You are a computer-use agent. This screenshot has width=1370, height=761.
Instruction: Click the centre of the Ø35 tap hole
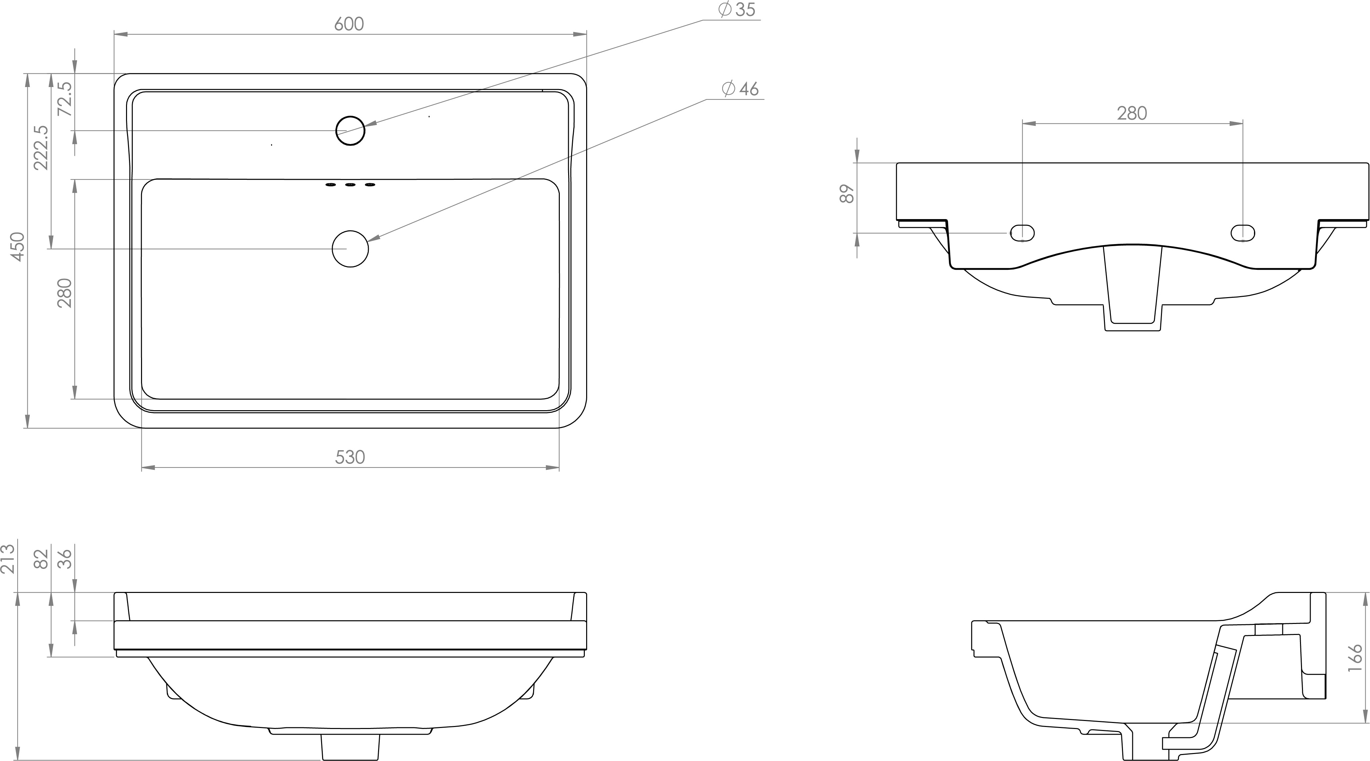click(350, 130)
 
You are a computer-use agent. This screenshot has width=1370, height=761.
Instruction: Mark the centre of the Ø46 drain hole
click(350, 249)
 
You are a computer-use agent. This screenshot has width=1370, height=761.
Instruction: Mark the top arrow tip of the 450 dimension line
click(27, 73)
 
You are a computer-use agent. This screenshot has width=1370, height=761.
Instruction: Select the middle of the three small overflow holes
click(350, 184)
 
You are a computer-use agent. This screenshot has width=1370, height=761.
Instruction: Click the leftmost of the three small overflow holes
click(330, 184)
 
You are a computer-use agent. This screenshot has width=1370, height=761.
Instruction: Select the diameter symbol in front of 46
click(728, 89)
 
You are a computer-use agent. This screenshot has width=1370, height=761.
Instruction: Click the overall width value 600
click(349, 24)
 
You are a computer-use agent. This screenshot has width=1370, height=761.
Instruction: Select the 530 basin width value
click(350, 457)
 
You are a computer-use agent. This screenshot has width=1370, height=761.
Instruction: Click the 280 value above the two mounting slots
click(1132, 113)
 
